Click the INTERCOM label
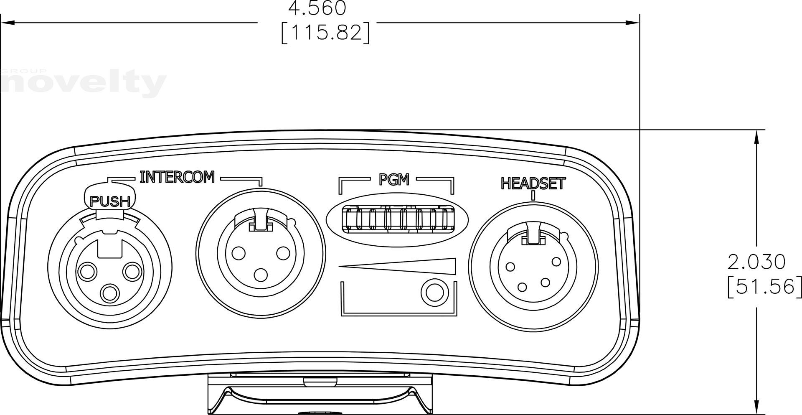tap(177, 177)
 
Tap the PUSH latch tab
tap(110, 201)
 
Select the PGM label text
tap(393, 180)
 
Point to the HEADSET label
tap(533, 183)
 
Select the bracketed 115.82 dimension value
tap(325, 33)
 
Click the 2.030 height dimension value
tap(756, 262)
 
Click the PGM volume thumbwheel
tap(397, 219)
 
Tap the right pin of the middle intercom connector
tap(283, 253)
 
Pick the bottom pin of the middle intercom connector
tap(261, 275)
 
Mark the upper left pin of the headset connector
tap(510, 266)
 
